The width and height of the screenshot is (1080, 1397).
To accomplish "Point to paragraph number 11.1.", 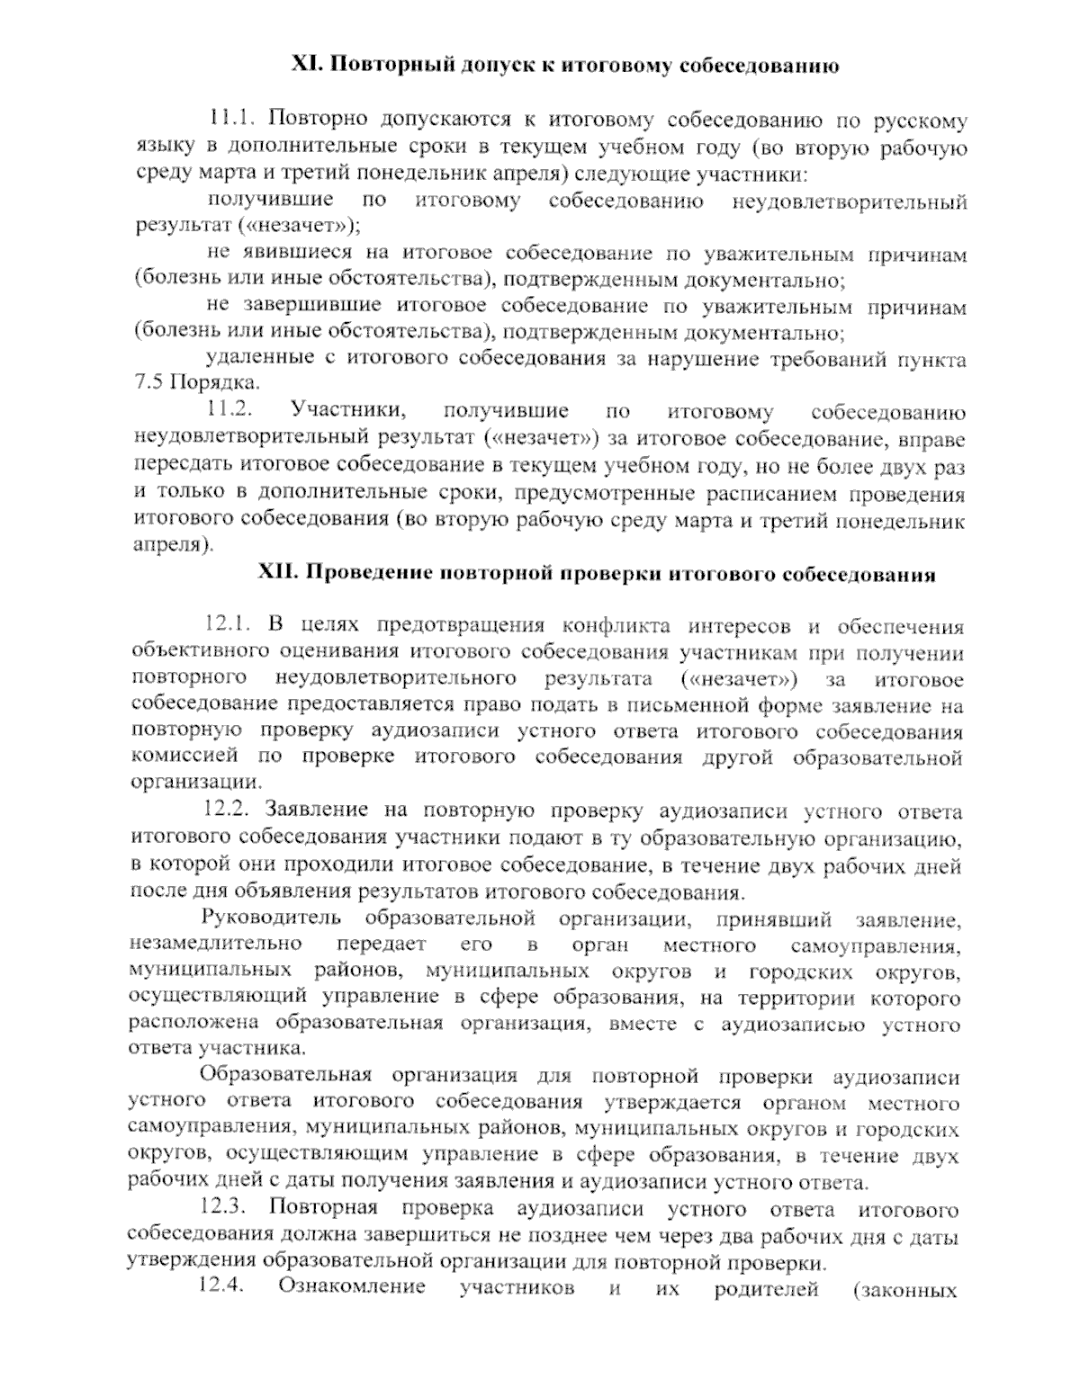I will point(233,121).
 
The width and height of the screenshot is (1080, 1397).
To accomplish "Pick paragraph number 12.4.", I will point(222,1287).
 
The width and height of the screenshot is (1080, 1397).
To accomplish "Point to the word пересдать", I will point(184,466).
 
